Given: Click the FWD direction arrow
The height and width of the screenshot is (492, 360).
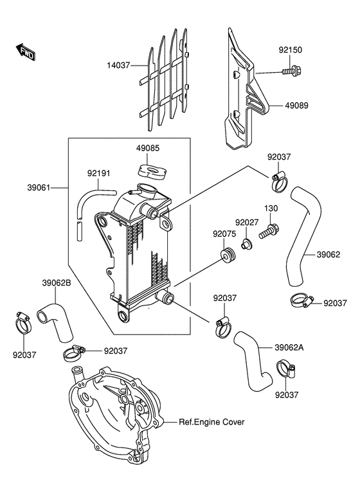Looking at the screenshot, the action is click(26, 52).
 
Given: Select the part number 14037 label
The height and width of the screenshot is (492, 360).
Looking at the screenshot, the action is click(118, 66).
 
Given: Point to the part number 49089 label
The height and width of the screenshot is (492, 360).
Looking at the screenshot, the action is click(296, 105).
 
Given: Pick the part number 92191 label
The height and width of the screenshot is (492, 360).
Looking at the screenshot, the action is click(98, 174).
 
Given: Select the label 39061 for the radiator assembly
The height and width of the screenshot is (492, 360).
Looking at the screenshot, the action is click(39, 188).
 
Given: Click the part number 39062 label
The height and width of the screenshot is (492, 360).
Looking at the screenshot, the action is click(328, 255).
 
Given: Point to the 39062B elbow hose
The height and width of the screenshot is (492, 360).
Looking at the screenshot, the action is click(55, 322).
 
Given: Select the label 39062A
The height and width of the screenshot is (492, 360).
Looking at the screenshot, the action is click(289, 348).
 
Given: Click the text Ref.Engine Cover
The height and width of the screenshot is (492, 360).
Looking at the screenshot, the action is click(212, 422).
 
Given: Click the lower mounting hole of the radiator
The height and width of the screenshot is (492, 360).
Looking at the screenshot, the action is click(123, 315).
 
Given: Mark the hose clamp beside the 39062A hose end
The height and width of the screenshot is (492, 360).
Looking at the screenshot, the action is click(285, 370).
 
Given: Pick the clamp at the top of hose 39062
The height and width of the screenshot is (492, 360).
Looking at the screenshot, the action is click(278, 181).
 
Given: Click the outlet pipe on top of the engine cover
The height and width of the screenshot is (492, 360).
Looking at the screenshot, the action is click(77, 374).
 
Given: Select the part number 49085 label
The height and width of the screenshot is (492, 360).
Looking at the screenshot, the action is click(148, 148).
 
